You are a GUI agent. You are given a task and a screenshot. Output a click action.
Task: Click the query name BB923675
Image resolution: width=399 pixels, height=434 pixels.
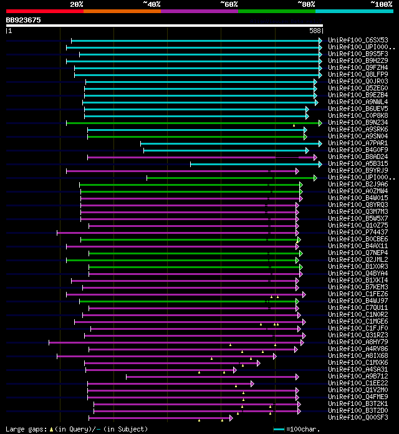click(24, 20)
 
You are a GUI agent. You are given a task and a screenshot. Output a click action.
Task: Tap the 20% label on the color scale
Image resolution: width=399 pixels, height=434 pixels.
click(77, 4)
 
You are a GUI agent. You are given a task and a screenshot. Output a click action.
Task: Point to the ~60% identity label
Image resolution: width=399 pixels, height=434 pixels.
click(229, 4)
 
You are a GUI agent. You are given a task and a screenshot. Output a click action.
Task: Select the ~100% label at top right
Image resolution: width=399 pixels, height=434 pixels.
click(380, 4)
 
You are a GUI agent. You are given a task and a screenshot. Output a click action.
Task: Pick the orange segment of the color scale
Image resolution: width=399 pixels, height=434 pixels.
click(122, 11)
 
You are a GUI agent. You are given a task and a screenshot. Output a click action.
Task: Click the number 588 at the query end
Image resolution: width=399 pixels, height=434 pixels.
click(315, 30)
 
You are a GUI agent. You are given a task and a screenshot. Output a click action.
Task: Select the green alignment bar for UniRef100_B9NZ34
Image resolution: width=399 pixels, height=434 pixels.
click(187, 123)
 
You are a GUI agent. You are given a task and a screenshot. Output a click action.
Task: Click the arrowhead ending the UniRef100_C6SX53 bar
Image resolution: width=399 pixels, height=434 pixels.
click(320, 41)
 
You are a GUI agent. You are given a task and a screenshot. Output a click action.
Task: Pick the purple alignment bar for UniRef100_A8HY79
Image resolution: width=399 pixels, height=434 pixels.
click(175, 342)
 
